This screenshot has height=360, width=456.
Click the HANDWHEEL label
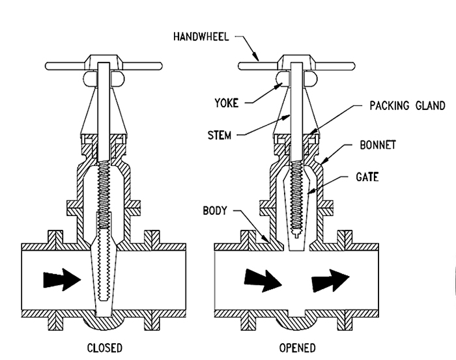[x=201, y=37]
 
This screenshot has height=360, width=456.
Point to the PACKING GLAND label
[x=408, y=105]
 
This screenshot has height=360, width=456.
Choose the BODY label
[x=214, y=212]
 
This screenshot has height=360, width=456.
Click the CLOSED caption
[x=105, y=348]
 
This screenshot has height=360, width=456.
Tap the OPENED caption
[x=297, y=348]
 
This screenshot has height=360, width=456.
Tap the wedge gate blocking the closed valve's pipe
[x=104, y=273]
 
